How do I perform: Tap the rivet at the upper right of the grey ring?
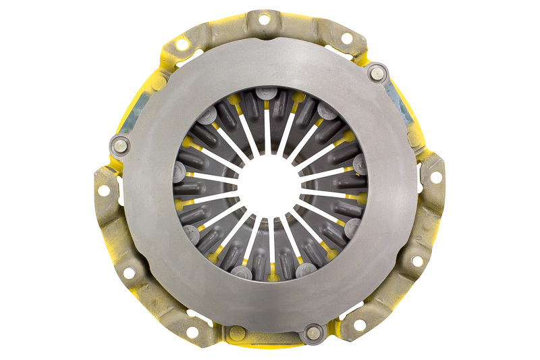pyautogui.click(x=377, y=72)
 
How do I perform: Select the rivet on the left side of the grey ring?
pyautogui.click(x=119, y=144)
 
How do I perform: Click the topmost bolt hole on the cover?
pyautogui.click(x=263, y=20)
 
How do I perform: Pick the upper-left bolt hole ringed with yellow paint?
pyautogui.click(x=182, y=45)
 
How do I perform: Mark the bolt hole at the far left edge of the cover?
pyautogui.click(x=103, y=190)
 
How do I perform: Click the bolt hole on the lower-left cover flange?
pyautogui.click(x=128, y=272)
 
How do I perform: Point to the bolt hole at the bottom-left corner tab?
pyautogui.click(x=193, y=332)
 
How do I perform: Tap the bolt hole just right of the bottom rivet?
pyautogui.click(x=358, y=325)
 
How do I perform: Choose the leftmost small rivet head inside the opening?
pyautogui.click(x=180, y=168)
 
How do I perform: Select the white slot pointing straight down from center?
pyautogui.click(x=270, y=240)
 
